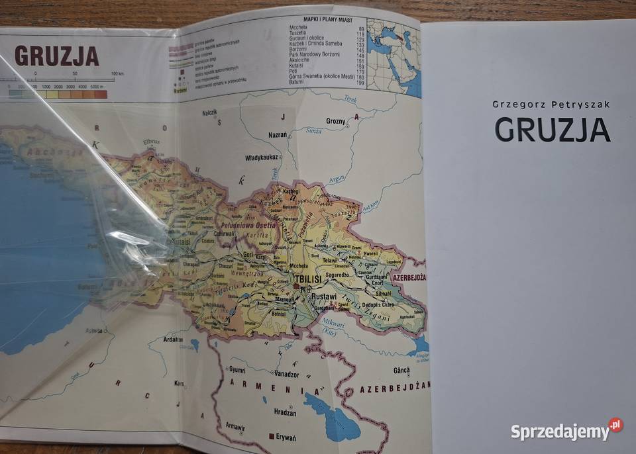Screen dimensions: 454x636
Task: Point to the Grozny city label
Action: [336, 121]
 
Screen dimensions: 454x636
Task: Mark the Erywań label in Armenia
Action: [287, 437]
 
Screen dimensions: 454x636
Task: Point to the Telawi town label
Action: [331, 261]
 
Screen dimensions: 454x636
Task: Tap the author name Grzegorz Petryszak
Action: [552, 105]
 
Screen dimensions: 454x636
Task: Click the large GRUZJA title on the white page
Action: [552, 129]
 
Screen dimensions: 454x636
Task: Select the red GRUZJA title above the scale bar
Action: [56, 56]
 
